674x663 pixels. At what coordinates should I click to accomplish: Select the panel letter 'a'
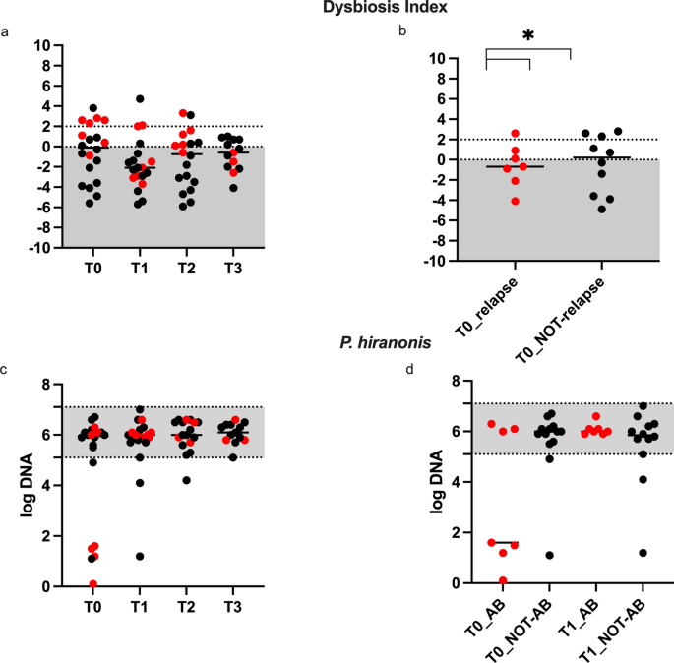[x=8, y=32]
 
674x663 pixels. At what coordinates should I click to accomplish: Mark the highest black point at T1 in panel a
[x=140, y=99]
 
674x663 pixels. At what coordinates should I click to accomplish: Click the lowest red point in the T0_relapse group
[x=488, y=201]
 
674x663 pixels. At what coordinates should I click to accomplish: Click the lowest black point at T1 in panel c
[x=141, y=556]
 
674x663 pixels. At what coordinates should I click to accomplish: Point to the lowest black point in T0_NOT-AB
[x=550, y=555]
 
